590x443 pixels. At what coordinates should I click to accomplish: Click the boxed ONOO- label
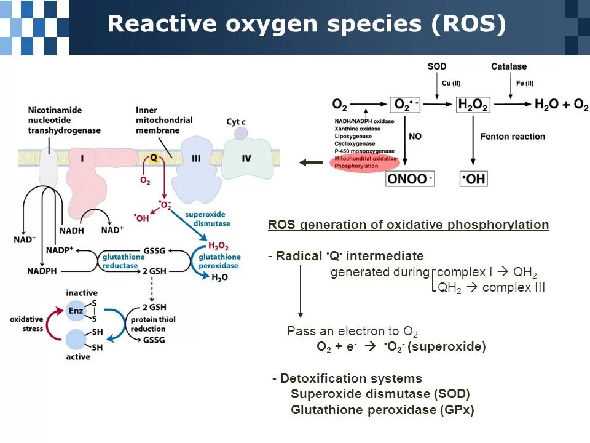pos(410,178)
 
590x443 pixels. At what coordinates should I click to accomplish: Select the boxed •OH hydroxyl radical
pos(473,178)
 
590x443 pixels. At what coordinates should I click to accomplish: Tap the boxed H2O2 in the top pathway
pos(473,105)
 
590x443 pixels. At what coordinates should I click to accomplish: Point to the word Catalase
pos(509,66)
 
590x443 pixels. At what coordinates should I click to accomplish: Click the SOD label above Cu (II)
pos(437,66)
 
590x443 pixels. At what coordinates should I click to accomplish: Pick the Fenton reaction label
pos(513,136)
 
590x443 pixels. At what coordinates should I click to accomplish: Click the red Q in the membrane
pos(154,158)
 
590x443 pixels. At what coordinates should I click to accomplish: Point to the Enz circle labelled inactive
pos(76,311)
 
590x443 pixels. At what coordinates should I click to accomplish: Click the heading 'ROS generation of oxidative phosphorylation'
pos(408,225)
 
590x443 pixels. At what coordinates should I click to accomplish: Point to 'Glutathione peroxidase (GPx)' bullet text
pos(382,410)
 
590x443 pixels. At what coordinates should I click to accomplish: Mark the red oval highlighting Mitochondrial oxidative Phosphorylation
pos(364,162)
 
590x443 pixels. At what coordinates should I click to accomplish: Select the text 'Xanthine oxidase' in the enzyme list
pos(358,129)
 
